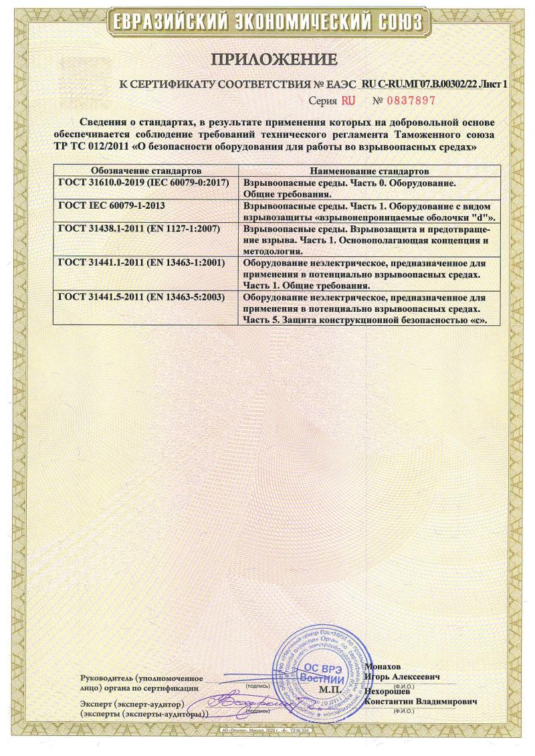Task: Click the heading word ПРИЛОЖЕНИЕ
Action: tap(274, 60)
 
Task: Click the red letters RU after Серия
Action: tap(348, 101)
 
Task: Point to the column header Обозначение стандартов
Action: tap(146, 171)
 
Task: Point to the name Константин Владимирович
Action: tap(421, 702)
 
